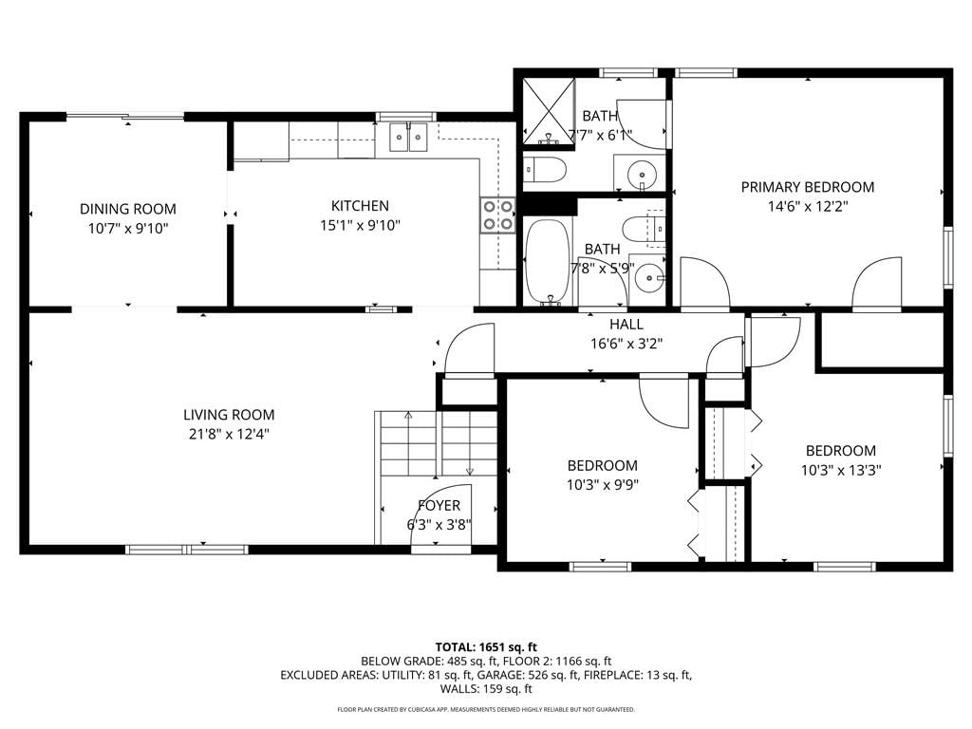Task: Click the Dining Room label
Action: tap(128, 209)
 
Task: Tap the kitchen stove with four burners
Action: tap(497, 215)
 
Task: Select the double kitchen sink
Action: tap(408, 137)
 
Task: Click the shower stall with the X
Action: tap(549, 112)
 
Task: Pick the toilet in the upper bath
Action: tap(545, 169)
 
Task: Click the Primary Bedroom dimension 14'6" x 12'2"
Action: tap(808, 206)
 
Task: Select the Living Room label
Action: tap(229, 415)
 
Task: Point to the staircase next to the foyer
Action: tap(436, 443)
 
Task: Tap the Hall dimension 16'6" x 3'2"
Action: tap(626, 344)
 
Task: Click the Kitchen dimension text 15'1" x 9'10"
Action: tap(360, 225)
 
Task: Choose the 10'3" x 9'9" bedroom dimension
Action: tap(603, 484)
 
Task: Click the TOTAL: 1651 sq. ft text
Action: tap(486, 647)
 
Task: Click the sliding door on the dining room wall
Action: tap(126, 116)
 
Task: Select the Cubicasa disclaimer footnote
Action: tap(486, 709)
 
